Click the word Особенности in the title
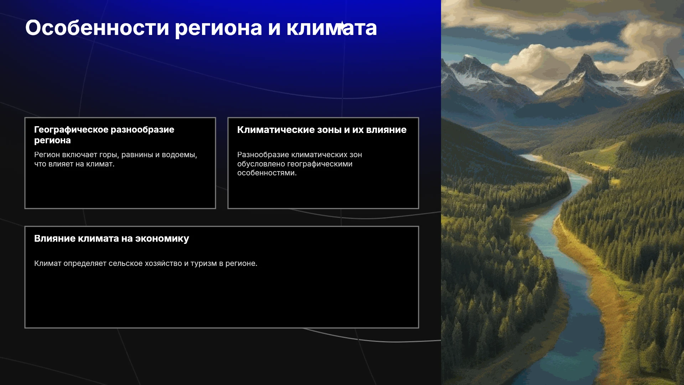(x=97, y=28)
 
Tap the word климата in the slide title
(x=332, y=28)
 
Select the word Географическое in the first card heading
(x=71, y=130)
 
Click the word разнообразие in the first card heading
(x=142, y=130)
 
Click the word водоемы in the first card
(x=180, y=155)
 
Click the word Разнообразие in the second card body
(x=264, y=155)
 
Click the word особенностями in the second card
(x=267, y=173)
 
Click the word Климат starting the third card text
(x=48, y=263)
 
